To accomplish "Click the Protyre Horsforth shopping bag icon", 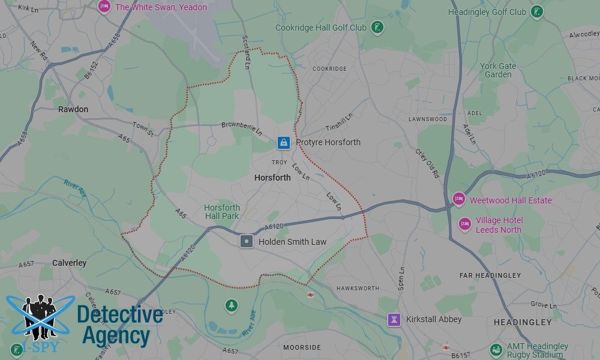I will click(x=282, y=142).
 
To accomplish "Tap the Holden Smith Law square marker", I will click(x=246, y=242).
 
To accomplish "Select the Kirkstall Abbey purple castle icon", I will click(x=394, y=319).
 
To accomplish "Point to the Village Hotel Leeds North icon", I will click(x=464, y=224).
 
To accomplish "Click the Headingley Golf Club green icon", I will click(x=537, y=11).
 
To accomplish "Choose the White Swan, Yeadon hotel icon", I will click(x=104, y=7).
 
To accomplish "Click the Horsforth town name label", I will click(x=272, y=178).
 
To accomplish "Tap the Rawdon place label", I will click(x=73, y=109).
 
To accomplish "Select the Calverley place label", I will click(x=69, y=263).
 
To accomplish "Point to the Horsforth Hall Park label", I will click(x=222, y=212).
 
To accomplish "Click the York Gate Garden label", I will click(x=498, y=70).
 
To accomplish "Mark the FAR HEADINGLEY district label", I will click(x=490, y=275).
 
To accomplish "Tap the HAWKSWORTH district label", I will click(x=358, y=289).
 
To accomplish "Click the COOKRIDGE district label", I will click(x=329, y=69).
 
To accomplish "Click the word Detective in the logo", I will click(x=120, y=314).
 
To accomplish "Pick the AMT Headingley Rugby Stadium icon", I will click(x=496, y=350).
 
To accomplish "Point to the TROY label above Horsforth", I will click(x=280, y=163).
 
